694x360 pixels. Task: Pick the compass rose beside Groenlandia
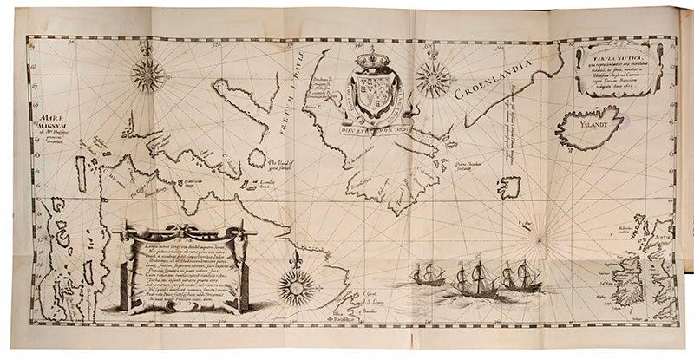coord(433,80)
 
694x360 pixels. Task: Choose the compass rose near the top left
coord(147,75)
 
